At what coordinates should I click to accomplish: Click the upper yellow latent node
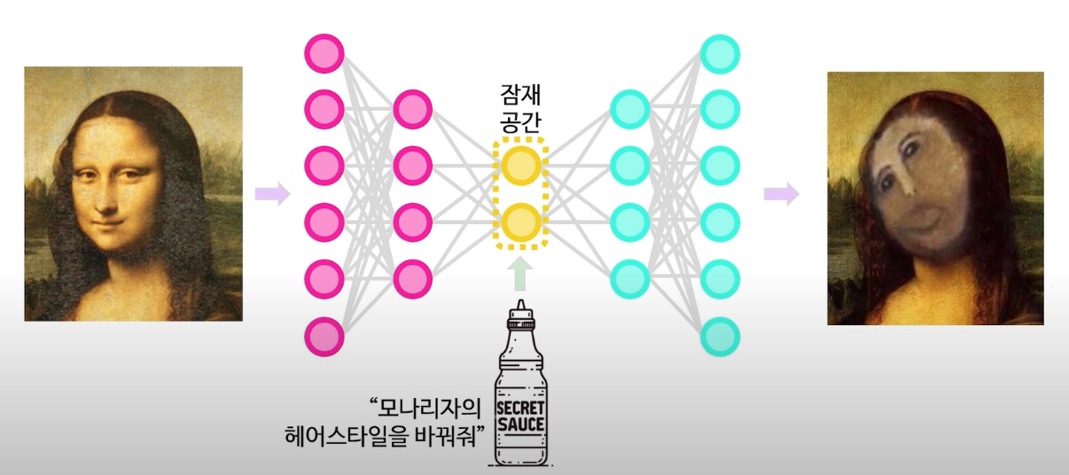point(520,164)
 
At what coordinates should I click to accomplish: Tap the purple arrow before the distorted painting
point(781,194)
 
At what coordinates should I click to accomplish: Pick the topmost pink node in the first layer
point(324,54)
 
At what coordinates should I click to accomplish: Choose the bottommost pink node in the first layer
point(324,338)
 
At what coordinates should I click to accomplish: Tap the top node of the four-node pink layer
point(411,110)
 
